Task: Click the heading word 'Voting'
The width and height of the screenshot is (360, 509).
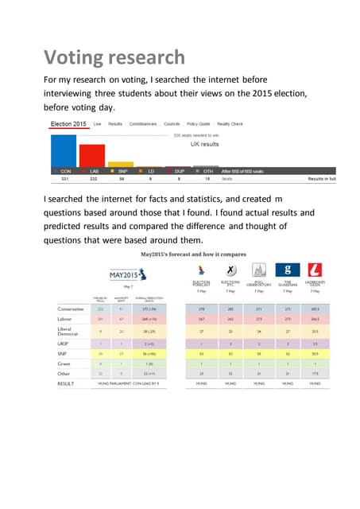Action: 69,57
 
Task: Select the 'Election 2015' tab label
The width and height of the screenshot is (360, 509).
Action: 68,124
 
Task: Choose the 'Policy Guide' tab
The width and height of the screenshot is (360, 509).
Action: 198,124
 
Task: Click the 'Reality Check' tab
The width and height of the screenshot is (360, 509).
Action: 230,124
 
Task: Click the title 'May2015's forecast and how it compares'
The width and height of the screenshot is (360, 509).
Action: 193,254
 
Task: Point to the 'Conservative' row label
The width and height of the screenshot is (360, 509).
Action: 75,309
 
